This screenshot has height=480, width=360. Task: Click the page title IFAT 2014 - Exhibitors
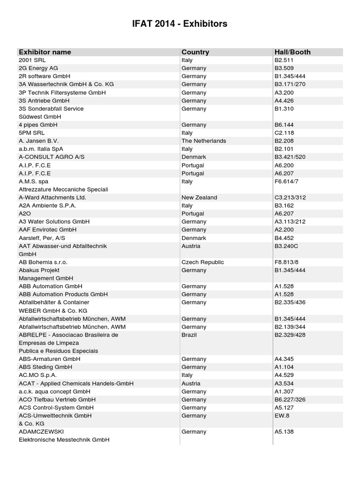tap(180, 23)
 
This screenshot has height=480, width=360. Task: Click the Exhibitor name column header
tap(45, 52)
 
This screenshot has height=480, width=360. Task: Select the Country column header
tap(195, 52)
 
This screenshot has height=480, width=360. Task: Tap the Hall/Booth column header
tap(292, 52)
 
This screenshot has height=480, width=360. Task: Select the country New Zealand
tap(199, 197)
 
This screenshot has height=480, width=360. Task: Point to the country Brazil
tap(189, 335)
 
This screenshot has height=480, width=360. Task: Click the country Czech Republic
tap(202, 262)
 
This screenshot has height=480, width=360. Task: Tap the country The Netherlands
tap(203, 141)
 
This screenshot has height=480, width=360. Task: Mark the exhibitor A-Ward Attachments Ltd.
tap(52, 197)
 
